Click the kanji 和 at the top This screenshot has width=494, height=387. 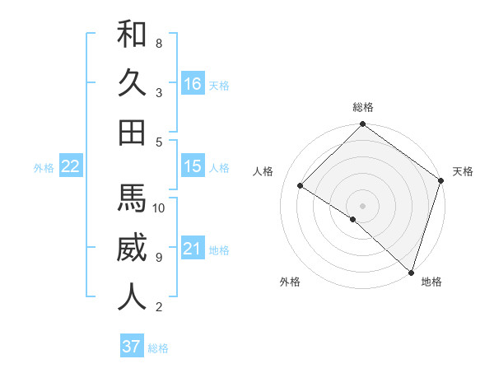click(x=132, y=35)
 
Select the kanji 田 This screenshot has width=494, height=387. click(x=132, y=132)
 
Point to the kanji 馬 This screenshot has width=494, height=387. click(x=132, y=198)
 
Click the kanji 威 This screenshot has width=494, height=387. click(x=132, y=248)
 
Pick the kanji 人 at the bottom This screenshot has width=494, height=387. click(x=132, y=297)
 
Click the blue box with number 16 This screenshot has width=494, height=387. click(x=193, y=83)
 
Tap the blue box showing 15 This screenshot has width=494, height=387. click(x=193, y=166)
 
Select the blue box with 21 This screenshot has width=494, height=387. click(x=193, y=249)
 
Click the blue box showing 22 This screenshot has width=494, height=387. click(x=71, y=166)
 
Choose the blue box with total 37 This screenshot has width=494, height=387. click(x=131, y=347)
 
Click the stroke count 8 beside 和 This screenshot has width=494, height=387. click(x=159, y=43)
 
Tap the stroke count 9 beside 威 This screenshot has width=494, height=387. click(x=159, y=258)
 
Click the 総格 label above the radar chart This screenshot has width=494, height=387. click(x=363, y=108)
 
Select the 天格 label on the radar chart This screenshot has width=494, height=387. click(x=463, y=171)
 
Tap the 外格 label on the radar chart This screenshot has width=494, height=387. click(x=290, y=282)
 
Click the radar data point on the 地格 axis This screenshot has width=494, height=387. click(x=411, y=271)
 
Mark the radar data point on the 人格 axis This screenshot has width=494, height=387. click(x=301, y=185)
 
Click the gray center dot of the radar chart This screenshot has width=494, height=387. click(x=362, y=205)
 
